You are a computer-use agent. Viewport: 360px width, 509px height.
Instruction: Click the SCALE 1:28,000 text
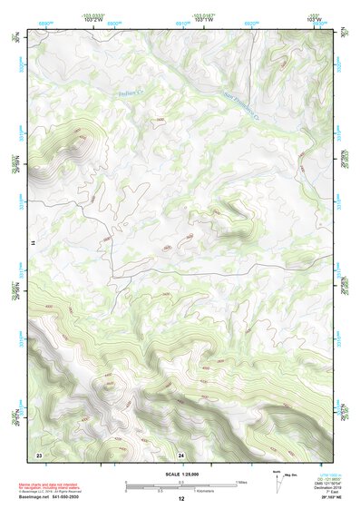(x=180, y=474)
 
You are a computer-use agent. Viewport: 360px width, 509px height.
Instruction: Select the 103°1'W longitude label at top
(x=203, y=21)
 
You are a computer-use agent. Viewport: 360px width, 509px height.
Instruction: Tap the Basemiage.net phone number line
(x=52, y=496)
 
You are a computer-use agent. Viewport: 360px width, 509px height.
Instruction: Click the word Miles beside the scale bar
(x=241, y=482)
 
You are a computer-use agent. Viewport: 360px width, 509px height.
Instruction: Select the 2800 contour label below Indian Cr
(x=160, y=119)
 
